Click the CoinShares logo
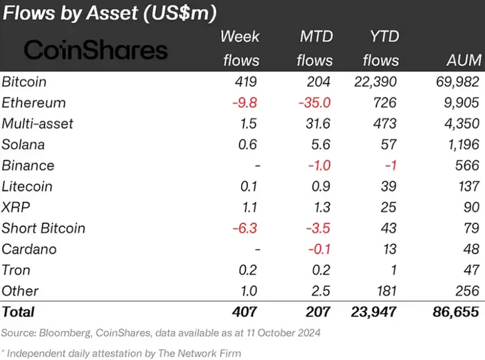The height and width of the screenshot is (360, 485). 96,49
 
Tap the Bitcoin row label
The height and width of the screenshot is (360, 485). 24,82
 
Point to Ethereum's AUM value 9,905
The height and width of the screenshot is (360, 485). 459,102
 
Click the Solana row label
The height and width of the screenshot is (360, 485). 24,145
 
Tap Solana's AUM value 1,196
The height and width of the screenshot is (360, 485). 460,145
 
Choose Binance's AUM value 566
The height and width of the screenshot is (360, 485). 467,165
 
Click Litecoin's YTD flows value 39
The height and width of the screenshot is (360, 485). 389,186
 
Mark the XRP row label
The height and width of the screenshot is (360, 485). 16,207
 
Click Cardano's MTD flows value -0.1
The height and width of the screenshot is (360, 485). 320,249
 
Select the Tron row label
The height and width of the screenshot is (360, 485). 16,270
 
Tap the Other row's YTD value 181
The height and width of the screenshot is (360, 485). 386,291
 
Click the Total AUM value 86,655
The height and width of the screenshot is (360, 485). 455,312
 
